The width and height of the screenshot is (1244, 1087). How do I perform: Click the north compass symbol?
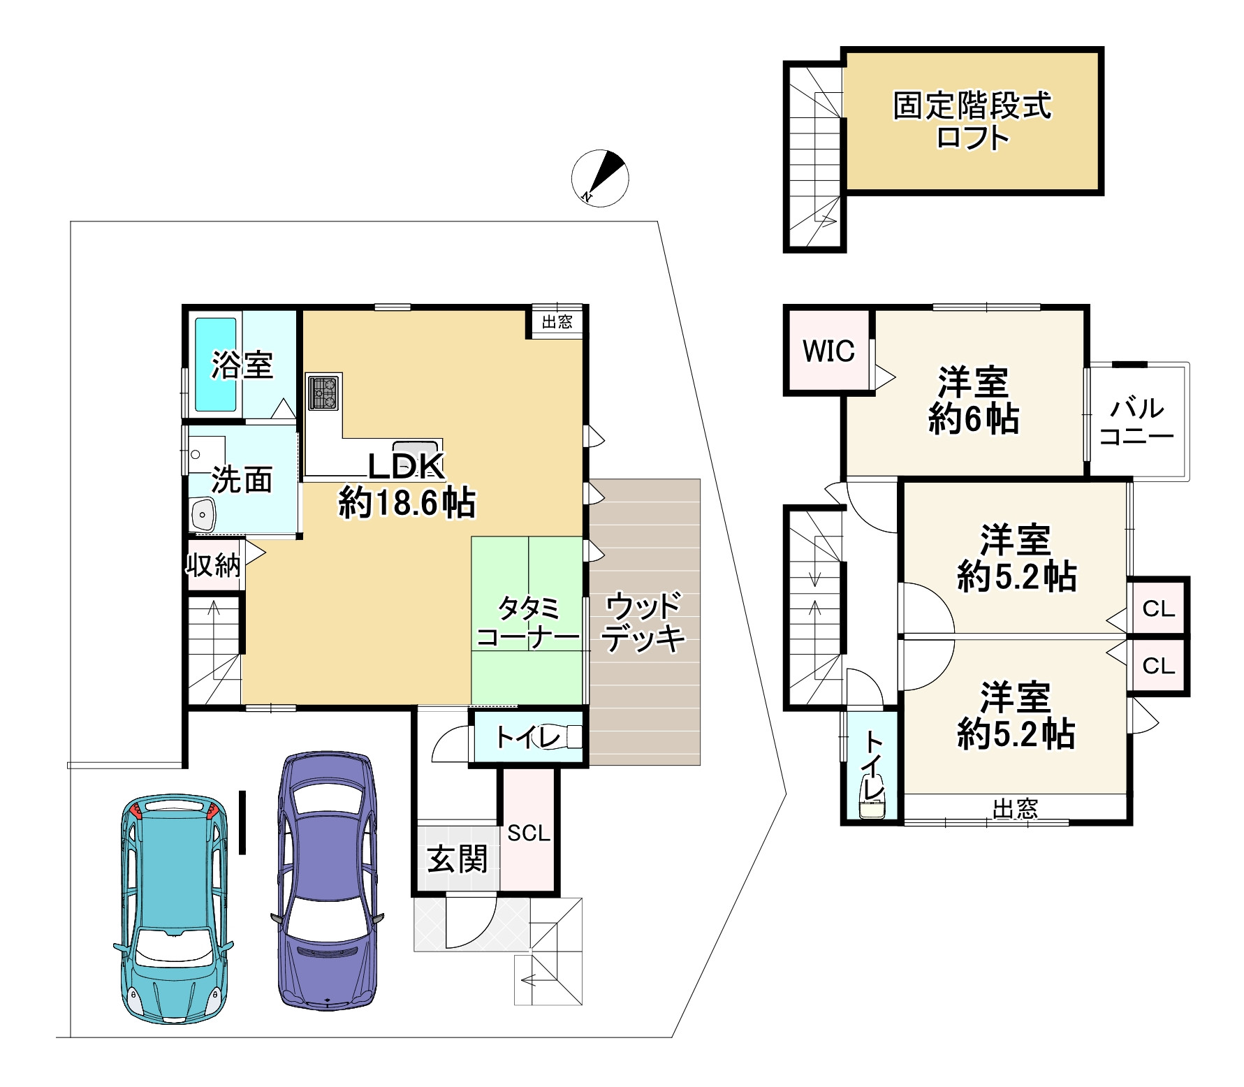click(600, 178)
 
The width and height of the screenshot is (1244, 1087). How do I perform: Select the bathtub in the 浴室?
click(215, 365)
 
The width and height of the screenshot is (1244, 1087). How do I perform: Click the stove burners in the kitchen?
click(324, 392)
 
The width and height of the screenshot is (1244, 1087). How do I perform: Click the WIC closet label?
click(828, 351)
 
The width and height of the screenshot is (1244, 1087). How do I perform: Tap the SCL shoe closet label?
click(529, 833)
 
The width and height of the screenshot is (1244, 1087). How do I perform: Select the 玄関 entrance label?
click(458, 859)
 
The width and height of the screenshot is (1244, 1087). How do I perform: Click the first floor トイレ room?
click(528, 738)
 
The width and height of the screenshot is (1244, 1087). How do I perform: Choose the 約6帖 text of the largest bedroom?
click(973, 420)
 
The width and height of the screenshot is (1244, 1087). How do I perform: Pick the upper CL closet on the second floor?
click(1158, 609)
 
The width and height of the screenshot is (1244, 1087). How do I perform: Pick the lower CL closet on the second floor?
click(1158, 666)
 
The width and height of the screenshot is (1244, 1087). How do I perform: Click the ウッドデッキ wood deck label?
click(643, 622)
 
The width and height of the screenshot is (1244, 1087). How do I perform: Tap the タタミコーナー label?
click(528, 623)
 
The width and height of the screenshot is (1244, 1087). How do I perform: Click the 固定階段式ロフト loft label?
click(972, 122)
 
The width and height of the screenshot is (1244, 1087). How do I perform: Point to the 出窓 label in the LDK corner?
click(557, 322)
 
